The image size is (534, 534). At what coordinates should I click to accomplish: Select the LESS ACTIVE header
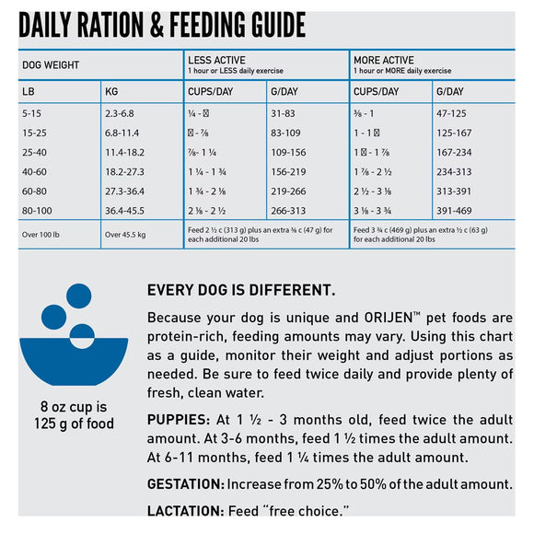click(218, 60)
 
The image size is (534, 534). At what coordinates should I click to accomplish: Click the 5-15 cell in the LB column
click(31, 113)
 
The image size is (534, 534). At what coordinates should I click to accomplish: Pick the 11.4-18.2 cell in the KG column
click(124, 153)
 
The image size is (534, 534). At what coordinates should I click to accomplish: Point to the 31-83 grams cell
click(284, 113)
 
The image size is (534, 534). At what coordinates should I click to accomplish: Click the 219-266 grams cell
click(289, 191)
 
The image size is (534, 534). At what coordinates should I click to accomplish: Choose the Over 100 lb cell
click(43, 234)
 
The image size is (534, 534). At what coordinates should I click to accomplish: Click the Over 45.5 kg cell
click(128, 234)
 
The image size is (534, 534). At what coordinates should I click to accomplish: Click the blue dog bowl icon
click(75, 336)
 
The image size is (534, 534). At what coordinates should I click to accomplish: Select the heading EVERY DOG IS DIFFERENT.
click(241, 290)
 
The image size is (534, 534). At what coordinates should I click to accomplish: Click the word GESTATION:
click(185, 483)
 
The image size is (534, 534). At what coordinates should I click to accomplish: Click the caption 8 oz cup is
click(75, 407)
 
